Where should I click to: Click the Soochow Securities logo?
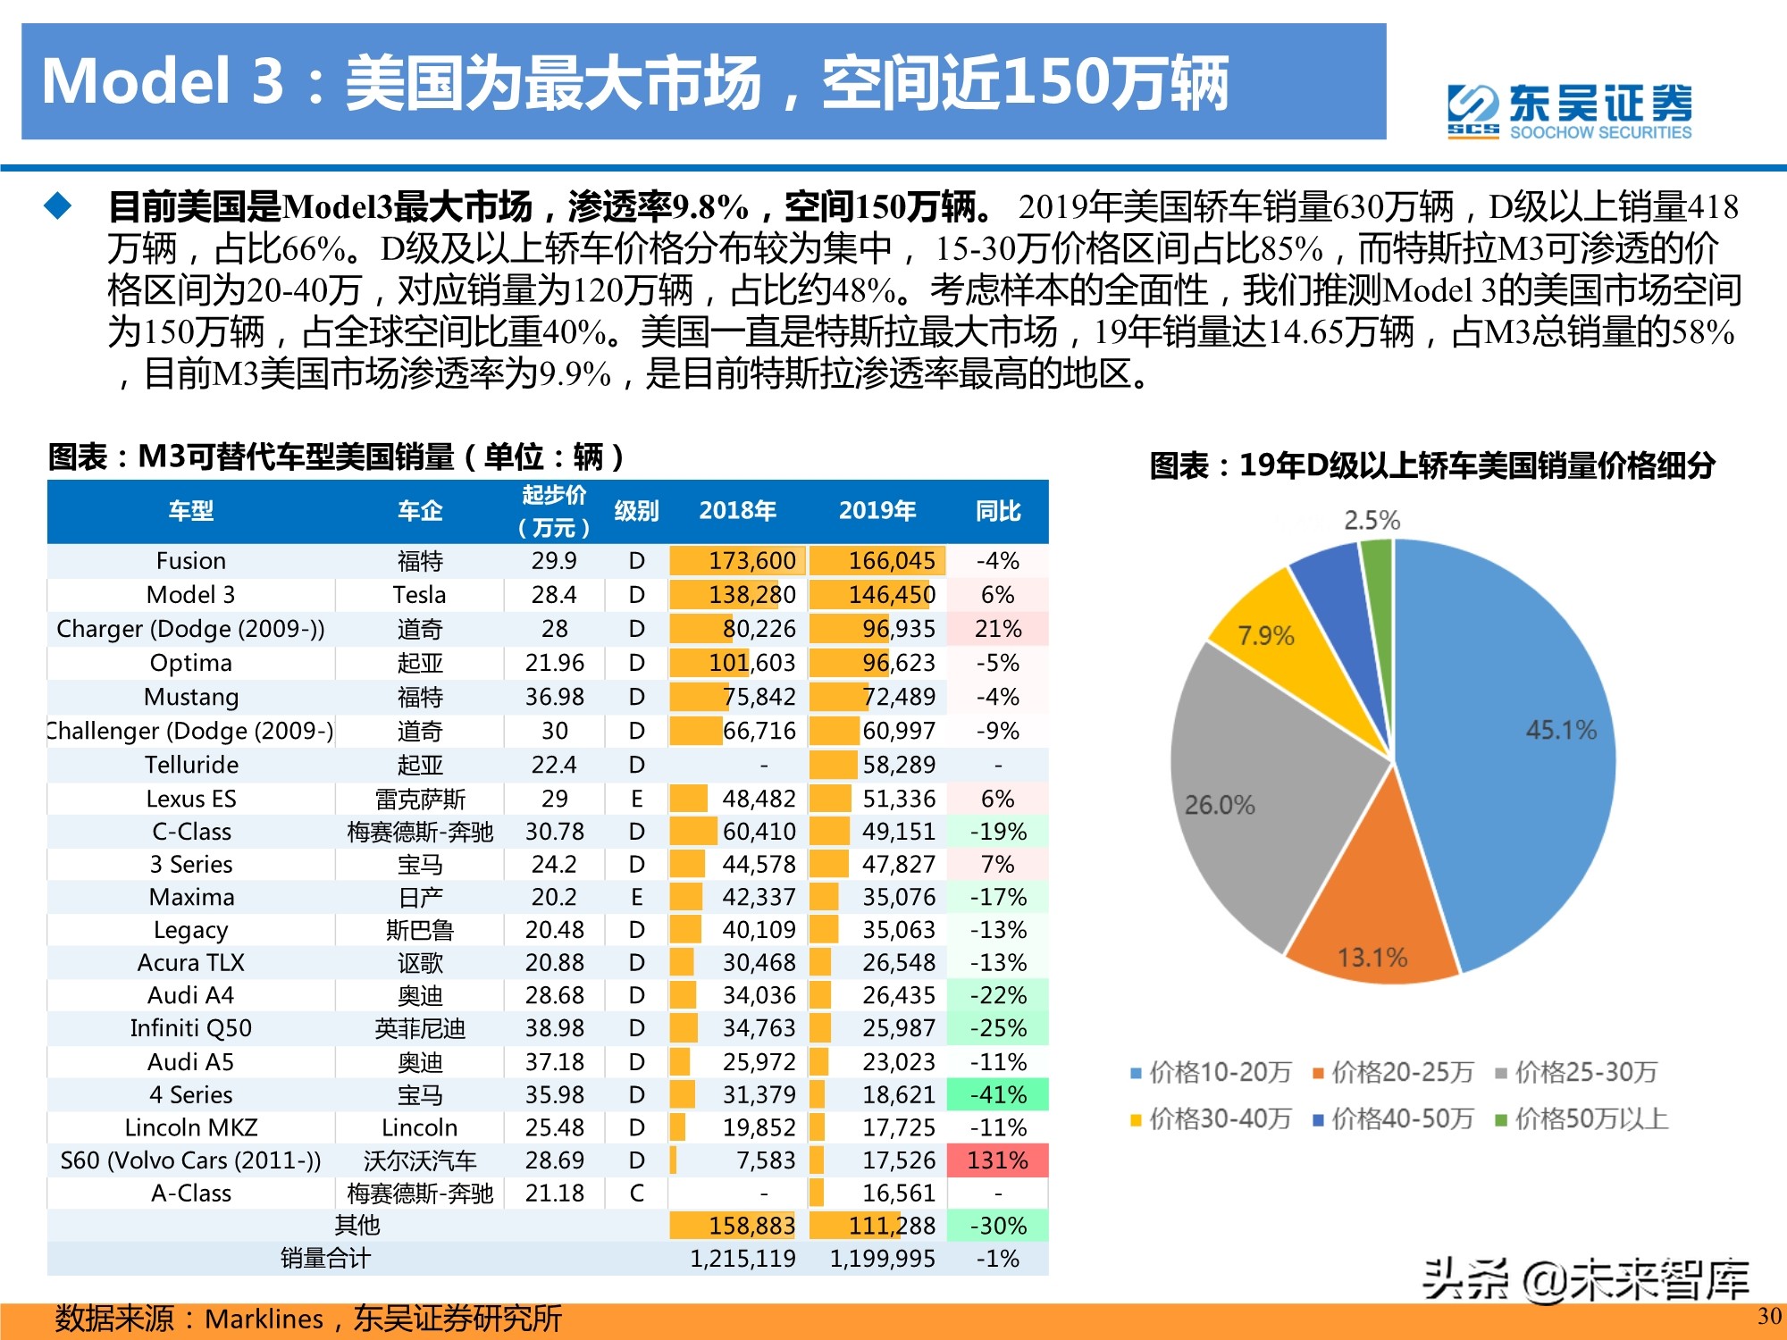[x=1569, y=111]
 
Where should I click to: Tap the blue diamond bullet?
[x=58, y=206]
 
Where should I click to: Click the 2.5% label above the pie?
[x=1372, y=520]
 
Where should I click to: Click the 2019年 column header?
[x=877, y=511]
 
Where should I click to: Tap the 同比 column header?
[x=997, y=511]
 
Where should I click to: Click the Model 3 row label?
[x=190, y=595]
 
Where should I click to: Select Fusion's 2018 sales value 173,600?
[x=751, y=561]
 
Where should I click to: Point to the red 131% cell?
[x=997, y=1160]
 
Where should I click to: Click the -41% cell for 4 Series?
[x=997, y=1094]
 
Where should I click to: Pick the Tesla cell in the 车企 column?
[x=419, y=595]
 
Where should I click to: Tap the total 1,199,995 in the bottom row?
[x=882, y=1259]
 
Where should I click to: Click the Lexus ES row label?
[x=190, y=799]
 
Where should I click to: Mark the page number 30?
[x=1768, y=1316]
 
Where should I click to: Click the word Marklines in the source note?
[x=264, y=1319]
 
